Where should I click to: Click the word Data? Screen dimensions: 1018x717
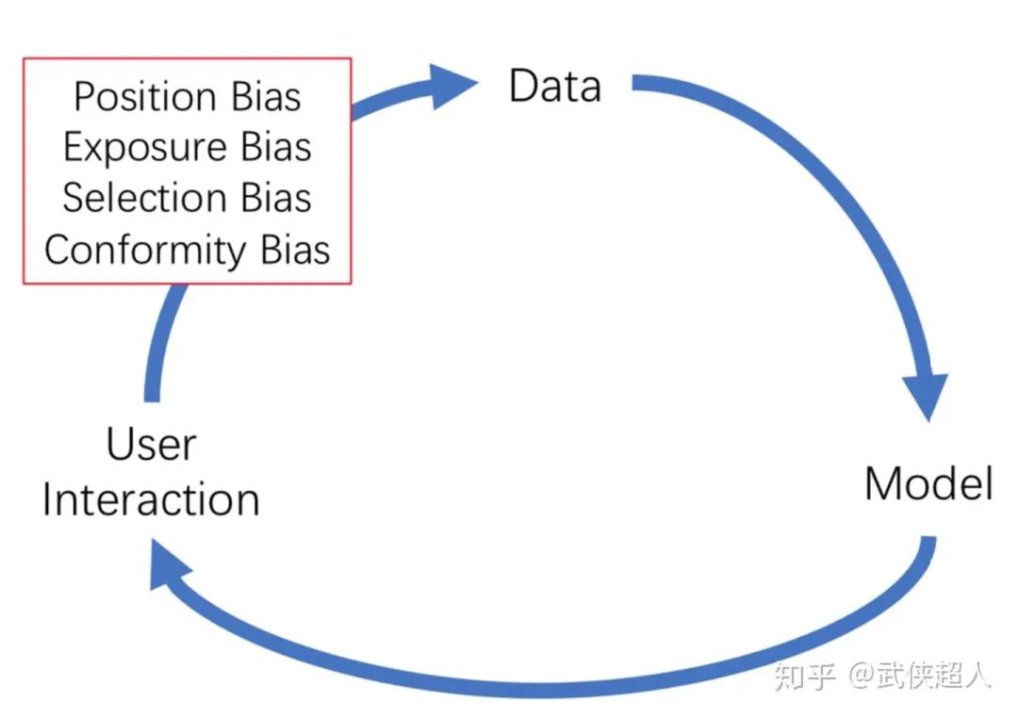[555, 86]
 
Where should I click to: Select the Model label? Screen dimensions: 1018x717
[928, 483]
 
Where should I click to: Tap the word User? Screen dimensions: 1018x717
[151, 445]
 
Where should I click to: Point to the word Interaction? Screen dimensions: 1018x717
[151, 499]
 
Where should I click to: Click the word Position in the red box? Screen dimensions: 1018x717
[145, 97]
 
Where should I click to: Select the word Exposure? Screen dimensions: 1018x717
[145, 147]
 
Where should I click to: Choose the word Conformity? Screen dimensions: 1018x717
[145, 252]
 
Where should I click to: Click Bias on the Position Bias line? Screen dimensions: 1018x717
[266, 97]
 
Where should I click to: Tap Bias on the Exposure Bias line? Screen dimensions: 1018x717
[276, 147]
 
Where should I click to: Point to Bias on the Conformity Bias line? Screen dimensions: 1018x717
[295, 250]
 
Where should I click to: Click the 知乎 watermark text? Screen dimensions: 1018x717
[804, 676]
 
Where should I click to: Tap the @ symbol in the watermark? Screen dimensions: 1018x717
[861, 676]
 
